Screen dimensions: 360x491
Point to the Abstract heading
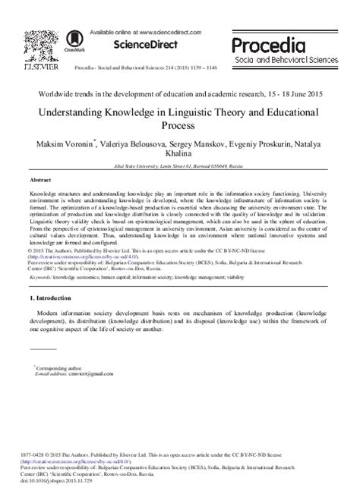point(40,181)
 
